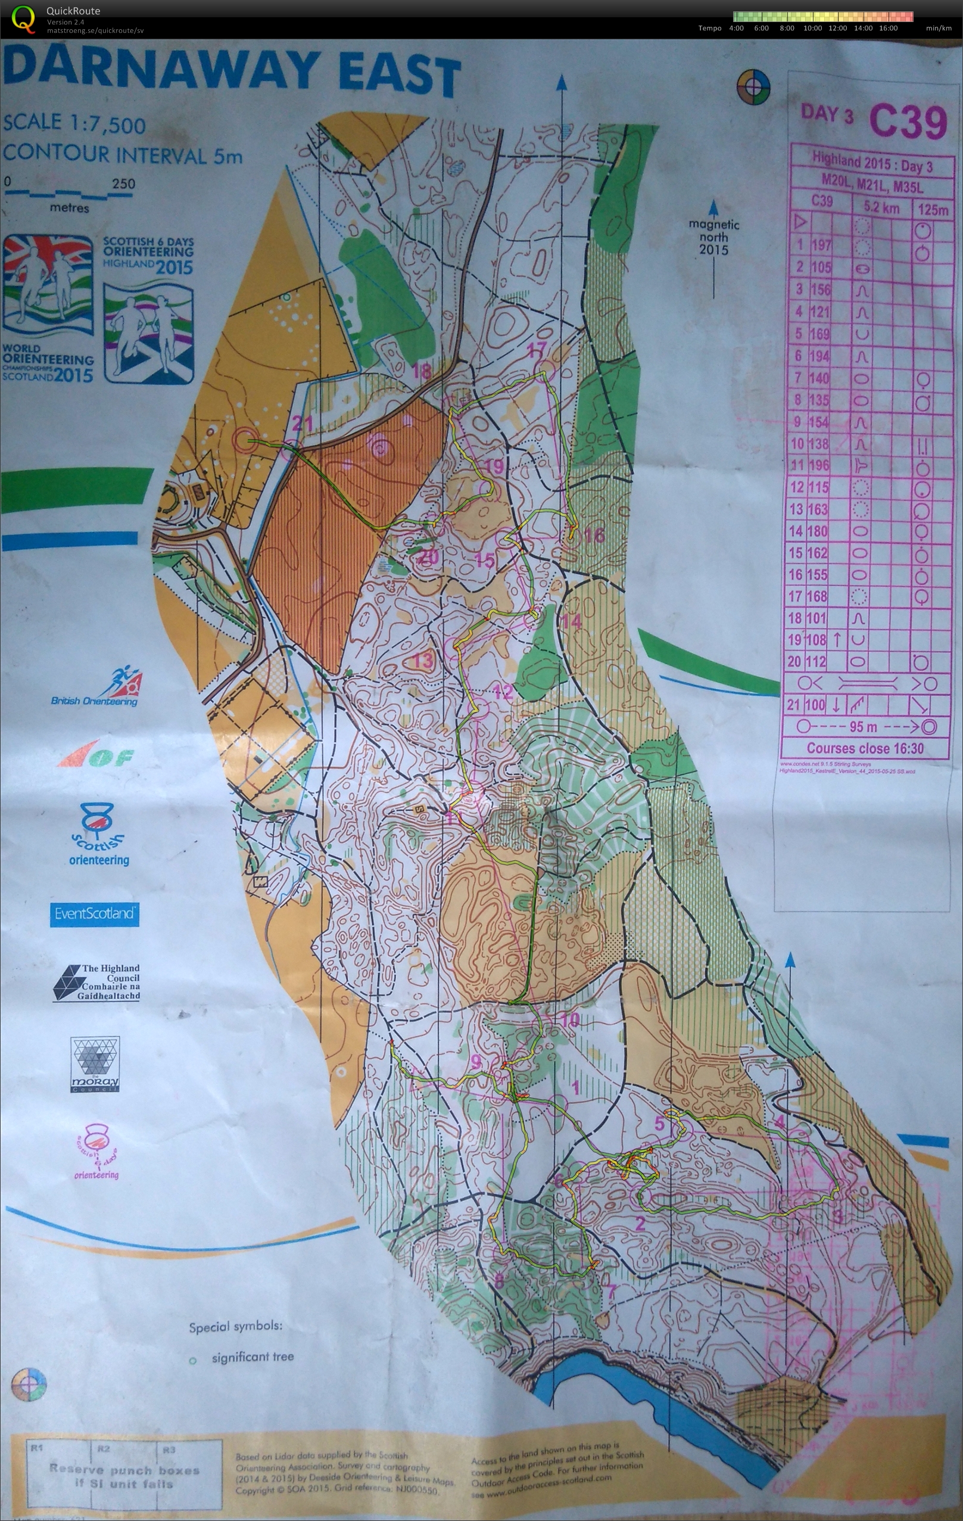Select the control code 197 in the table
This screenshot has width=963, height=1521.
click(821, 245)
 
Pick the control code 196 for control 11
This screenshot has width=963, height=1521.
click(818, 465)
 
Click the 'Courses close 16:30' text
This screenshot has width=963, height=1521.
click(865, 748)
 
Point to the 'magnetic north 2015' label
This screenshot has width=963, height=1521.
click(713, 237)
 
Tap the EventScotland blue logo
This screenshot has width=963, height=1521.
click(94, 913)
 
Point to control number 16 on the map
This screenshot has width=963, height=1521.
click(594, 536)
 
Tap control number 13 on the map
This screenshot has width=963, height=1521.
click(422, 661)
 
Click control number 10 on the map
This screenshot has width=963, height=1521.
click(569, 1019)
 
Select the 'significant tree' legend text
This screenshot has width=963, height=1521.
click(253, 1357)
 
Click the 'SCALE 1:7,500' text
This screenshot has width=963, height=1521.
click(74, 124)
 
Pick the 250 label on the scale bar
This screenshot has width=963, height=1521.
click(124, 184)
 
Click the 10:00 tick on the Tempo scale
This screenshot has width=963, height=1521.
click(812, 28)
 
